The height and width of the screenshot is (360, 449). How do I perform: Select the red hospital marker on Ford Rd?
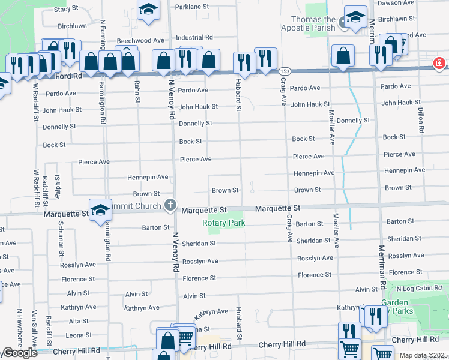pos(440,63)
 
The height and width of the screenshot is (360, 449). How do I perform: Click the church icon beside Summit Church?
pos(171,205)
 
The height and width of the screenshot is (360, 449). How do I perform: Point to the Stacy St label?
pos(66,10)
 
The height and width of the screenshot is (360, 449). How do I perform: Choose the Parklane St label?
pos(191,7)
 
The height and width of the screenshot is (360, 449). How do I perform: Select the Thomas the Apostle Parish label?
pos(309,23)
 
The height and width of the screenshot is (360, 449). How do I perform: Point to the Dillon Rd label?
pos(421,121)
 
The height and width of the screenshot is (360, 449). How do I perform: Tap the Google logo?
pos(19,353)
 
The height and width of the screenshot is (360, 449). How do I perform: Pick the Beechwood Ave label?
pos(140,40)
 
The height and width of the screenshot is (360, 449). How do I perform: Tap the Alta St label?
pos(79,322)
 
